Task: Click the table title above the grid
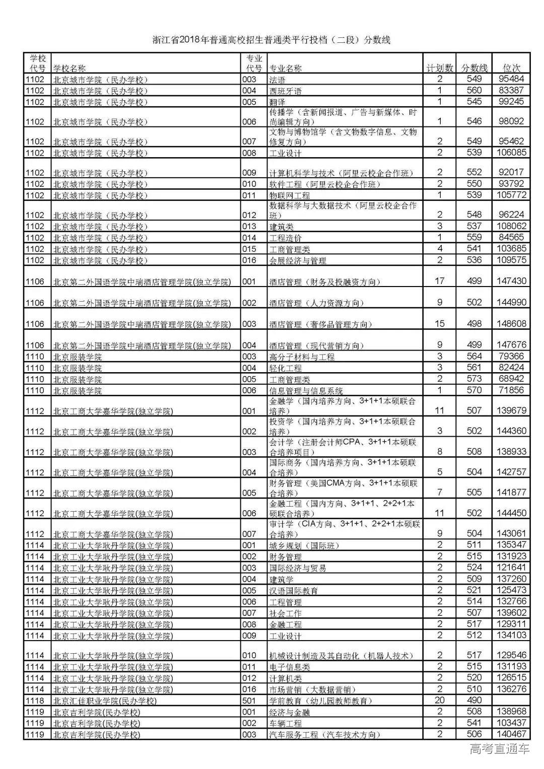271,40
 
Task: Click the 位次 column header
512,68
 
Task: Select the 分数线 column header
474,68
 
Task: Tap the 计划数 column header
439,68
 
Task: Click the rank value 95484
511,79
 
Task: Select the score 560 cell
474,91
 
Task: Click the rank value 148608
511,324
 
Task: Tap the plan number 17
439,281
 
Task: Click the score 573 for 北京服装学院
474,379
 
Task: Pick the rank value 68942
511,379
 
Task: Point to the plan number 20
439,700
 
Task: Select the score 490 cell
474,700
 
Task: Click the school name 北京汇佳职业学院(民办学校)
105,701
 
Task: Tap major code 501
249,701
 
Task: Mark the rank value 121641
511,568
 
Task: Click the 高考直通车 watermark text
499,749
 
